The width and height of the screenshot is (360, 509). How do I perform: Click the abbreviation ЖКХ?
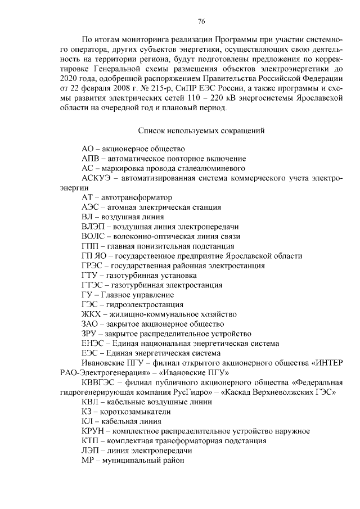coord(92,314)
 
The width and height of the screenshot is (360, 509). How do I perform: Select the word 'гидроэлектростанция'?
coord(140,304)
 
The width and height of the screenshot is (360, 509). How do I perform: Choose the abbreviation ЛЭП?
coord(91,451)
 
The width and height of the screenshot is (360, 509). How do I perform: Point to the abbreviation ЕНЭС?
coord(93,343)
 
